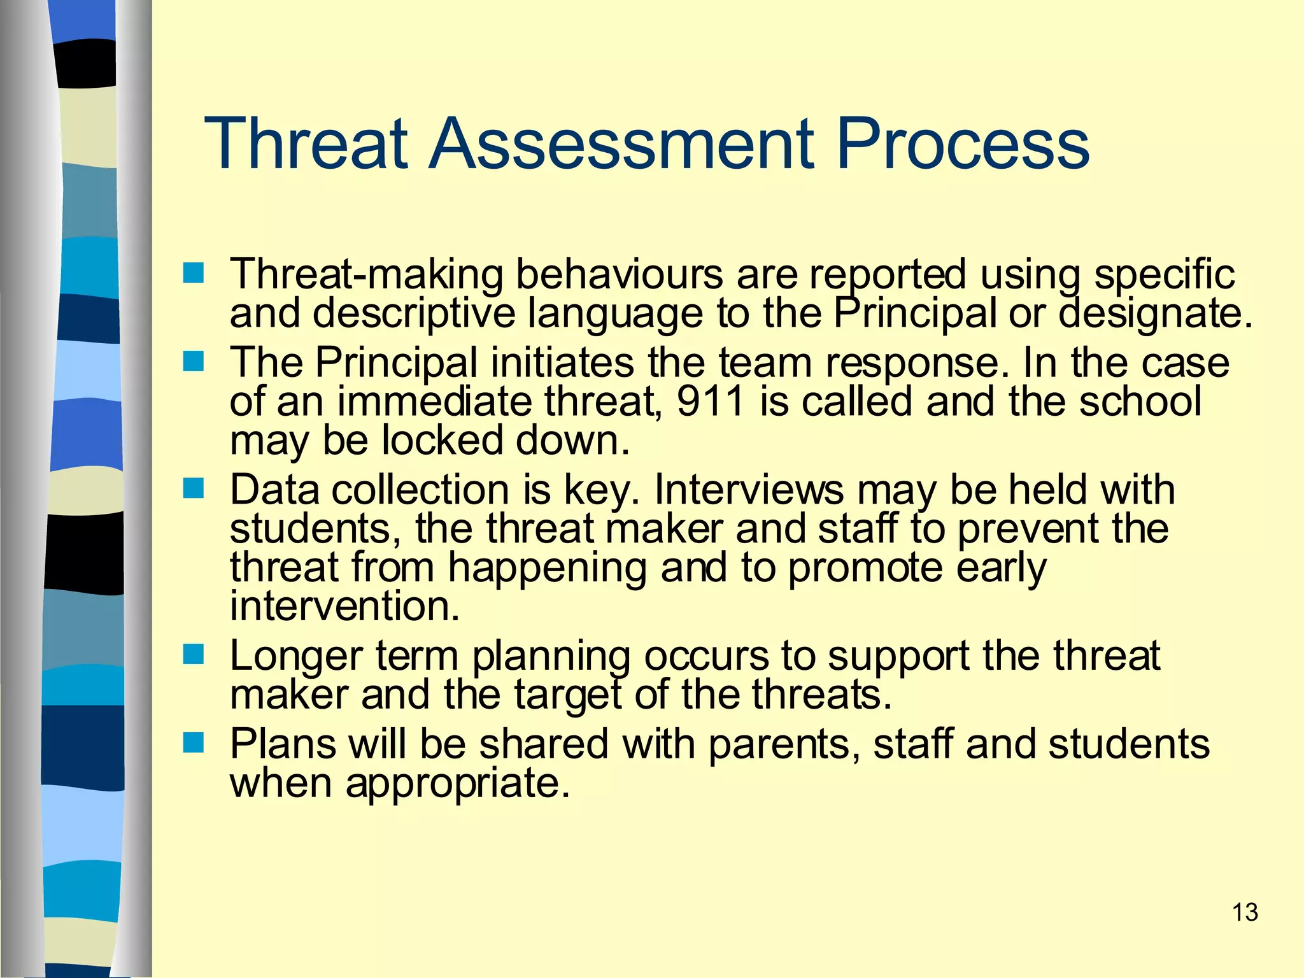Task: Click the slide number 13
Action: click(x=1245, y=912)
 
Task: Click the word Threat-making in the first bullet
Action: click(x=366, y=275)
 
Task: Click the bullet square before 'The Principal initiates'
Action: click(x=193, y=362)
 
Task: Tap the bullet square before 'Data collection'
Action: click(x=193, y=488)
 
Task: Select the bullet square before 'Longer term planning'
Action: click(x=193, y=654)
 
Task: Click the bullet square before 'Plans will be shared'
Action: click(x=193, y=742)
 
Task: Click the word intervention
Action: click(x=344, y=606)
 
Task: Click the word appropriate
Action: click(x=457, y=784)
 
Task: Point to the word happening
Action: click(x=547, y=569)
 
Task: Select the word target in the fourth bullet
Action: click(x=567, y=695)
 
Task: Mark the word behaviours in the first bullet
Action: click(x=619, y=275)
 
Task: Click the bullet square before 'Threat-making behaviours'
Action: click(x=193, y=274)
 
